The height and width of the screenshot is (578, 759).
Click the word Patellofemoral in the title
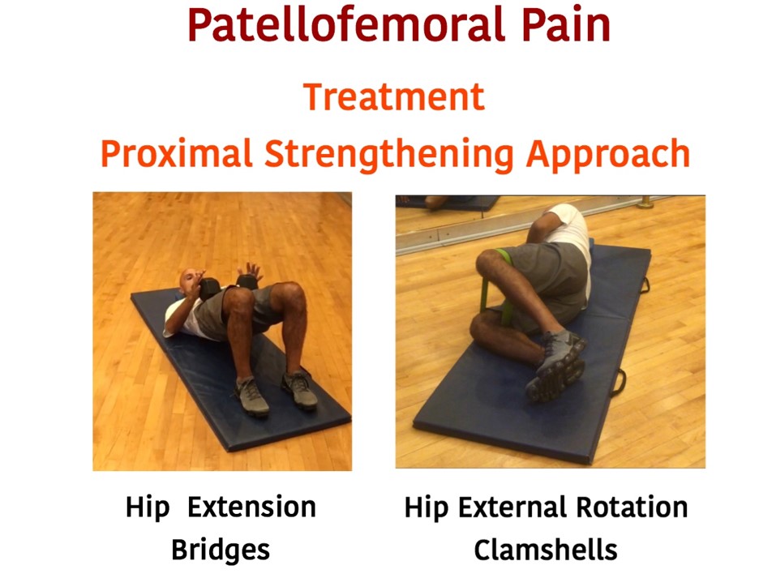point(346,25)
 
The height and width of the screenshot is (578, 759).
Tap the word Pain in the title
point(566,25)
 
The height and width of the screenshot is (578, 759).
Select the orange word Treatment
point(393,96)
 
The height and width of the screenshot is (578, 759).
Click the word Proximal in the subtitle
point(177,153)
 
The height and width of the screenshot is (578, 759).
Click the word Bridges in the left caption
point(221,550)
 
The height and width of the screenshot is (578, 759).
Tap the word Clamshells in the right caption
point(546,550)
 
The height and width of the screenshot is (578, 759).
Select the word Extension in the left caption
point(251,507)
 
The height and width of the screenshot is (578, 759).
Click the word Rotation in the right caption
point(632,507)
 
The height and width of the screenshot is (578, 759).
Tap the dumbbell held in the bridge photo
point(209,289)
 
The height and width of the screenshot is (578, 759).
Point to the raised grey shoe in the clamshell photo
point(556,366)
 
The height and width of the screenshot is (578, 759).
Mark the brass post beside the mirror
point(645,203)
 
